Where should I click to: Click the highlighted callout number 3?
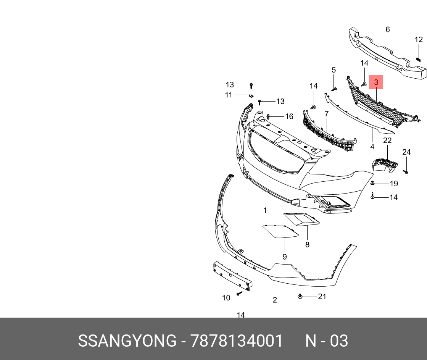coord(376,82)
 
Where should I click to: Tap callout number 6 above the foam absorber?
coord(388,29)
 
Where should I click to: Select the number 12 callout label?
coord(419,39)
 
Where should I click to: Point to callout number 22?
coord(387,140)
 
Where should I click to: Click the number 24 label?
coord(406,152)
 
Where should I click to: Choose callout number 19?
coord(394,184)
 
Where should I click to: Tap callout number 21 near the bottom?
coord(322,296)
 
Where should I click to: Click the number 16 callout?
coord(289,116)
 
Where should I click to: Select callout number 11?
coord(229,95)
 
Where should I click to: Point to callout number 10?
coord(226,297)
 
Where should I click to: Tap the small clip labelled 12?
coord(418,59)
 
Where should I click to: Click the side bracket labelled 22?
coord(385,164)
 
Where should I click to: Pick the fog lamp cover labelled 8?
coord(301,219)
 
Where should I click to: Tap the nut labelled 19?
coord(373,184)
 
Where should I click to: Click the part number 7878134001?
coord(237,341)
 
